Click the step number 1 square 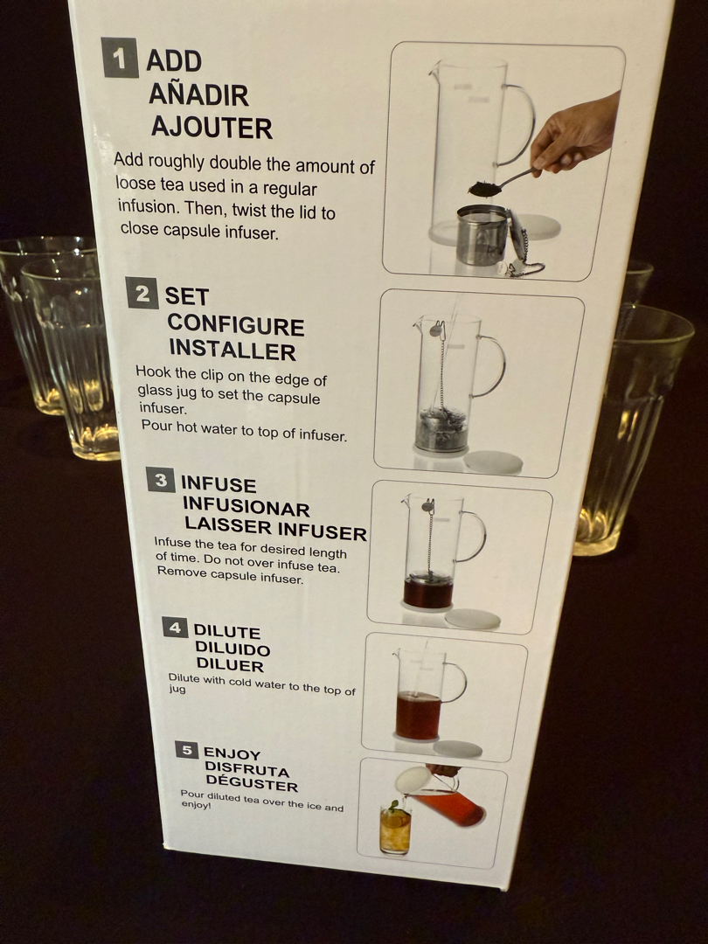[120, 58]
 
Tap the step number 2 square [142, 293]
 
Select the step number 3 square [161, 480]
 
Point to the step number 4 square [175, 628]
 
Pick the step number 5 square [187, 750]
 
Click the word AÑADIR [198, 94]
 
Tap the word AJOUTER [212, 128]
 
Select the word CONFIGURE [236, 325]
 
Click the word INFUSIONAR [246, 507]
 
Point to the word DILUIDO [233, 649]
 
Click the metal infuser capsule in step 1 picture [482, 235]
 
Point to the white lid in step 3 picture [473, 619]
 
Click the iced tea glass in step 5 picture [395, 829]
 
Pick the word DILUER [230, 664]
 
